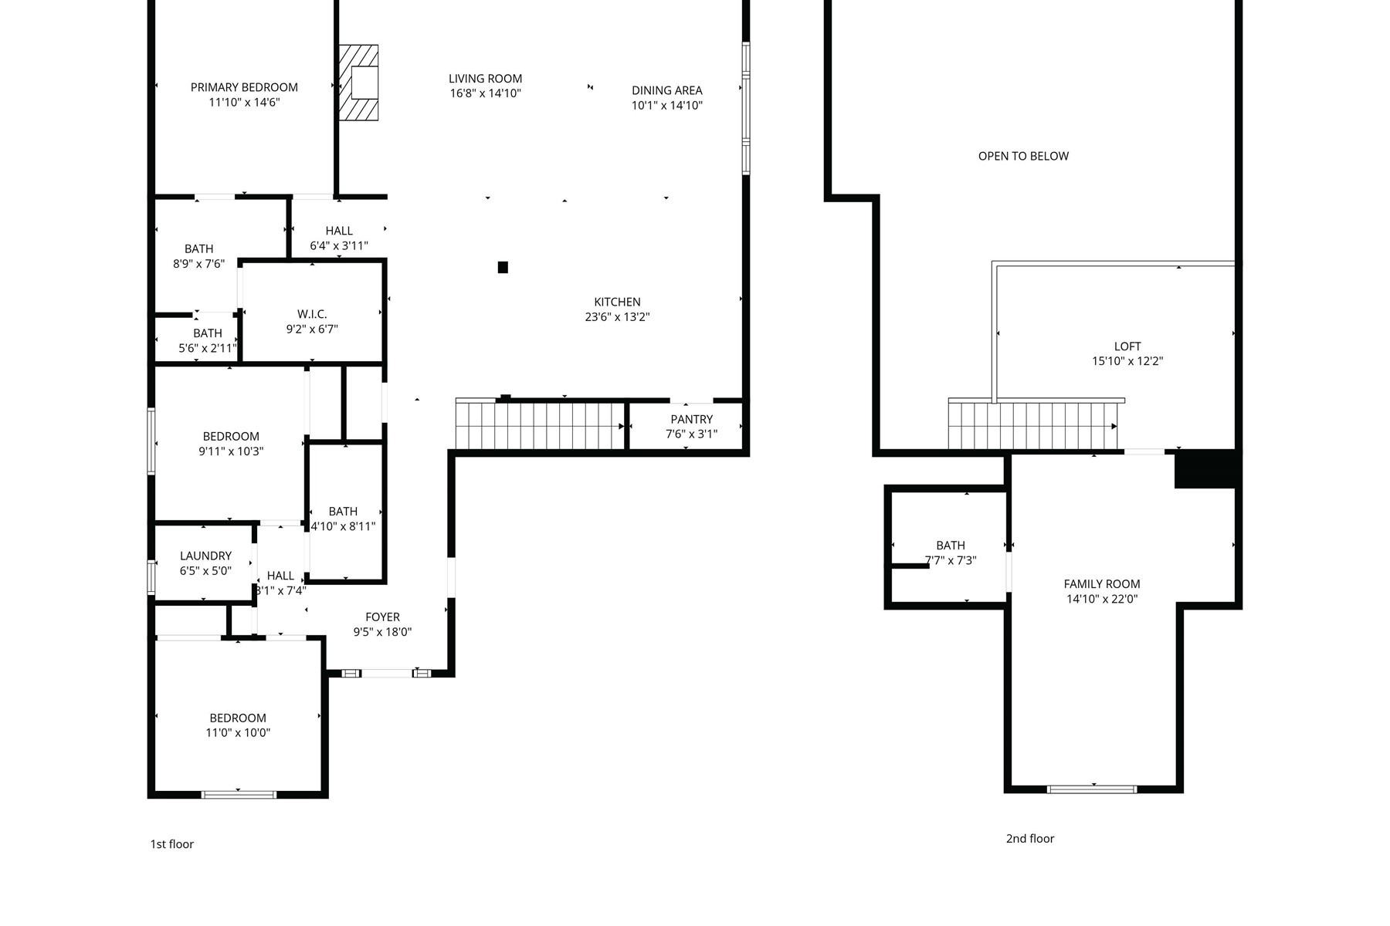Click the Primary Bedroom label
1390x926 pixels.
pos(244,87)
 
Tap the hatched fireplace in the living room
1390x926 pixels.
pos(359,83)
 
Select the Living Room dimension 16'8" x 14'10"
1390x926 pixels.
pos(486,93)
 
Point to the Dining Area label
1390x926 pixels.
pos(667,90)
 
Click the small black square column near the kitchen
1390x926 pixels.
pos(503,267)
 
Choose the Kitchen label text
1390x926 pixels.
pos(617,302)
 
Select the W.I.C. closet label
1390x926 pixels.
pos(312,314)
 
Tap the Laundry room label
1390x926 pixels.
pos(205,556)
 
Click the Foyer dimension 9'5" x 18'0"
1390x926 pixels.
pos(382,632)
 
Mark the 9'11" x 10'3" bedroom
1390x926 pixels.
pos(230,444)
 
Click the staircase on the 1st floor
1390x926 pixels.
pos(540,424)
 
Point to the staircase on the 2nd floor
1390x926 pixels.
pos(1033,425)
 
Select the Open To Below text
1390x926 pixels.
pos(1023,156)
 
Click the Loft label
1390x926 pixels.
pos(1127,346)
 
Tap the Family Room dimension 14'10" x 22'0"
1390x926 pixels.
pos(1102,599)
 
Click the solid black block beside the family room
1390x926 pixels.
pos(1206,469)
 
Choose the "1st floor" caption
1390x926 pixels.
pos(171,844)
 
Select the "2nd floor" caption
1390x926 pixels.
pos(1029,839)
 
